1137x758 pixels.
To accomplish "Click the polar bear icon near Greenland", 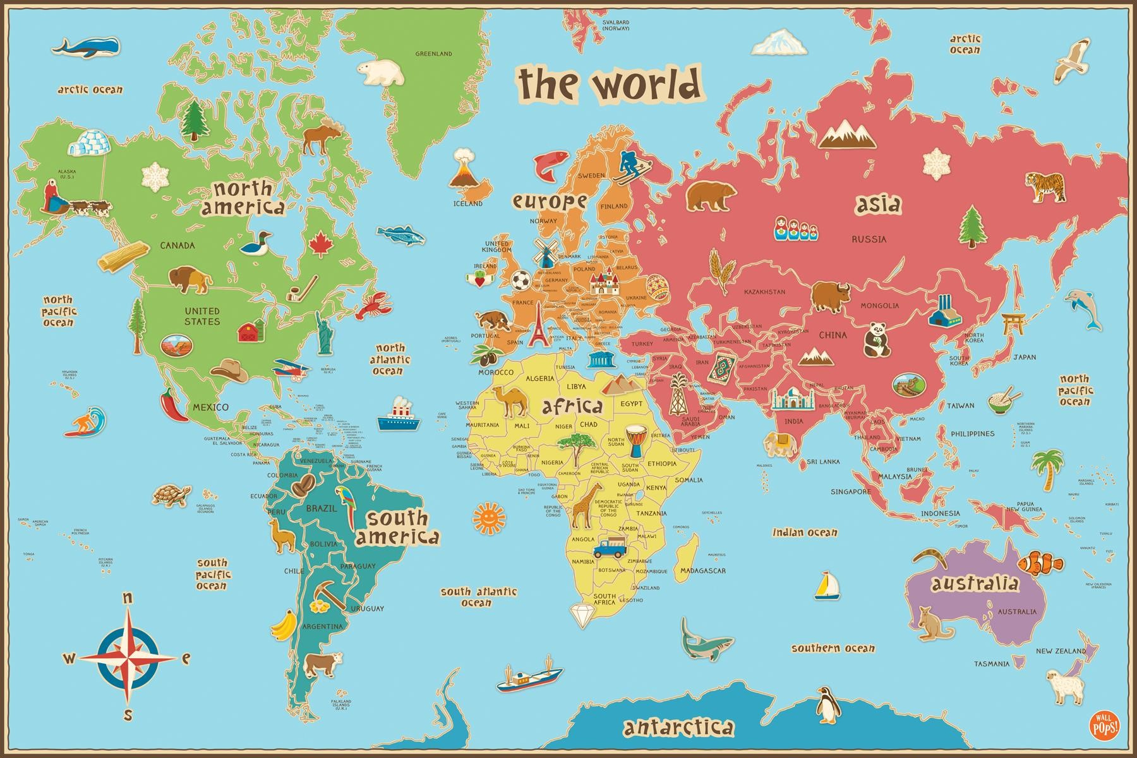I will [x=380, y=72].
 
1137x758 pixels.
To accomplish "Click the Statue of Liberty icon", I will [x=325, y=334].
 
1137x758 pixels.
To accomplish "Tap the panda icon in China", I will [x=876, y=339].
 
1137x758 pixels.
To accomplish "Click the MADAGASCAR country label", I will [x=702, y=570].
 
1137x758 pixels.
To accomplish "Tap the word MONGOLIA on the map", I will [x=879, y=306].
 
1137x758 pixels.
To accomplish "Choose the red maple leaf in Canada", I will [x=321, y=244].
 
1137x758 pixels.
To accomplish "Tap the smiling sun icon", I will [x=489, y=517].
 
